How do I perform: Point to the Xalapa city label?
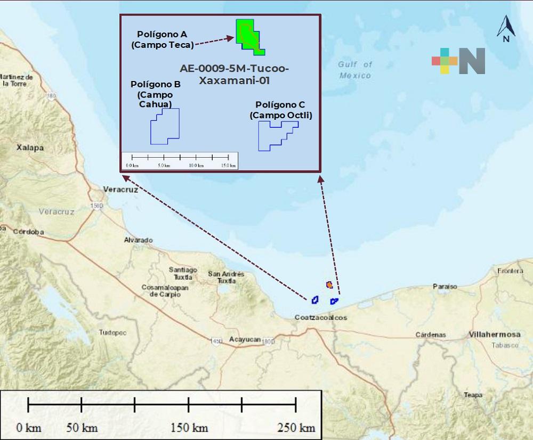coord(30,148)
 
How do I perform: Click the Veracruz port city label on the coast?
coord(120,190)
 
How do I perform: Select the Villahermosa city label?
coord(494,335)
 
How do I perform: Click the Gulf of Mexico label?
coord(355,70)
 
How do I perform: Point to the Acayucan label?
coord(245,339)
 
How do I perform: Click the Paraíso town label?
coord(445,287)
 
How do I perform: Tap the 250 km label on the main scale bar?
coord(296,428)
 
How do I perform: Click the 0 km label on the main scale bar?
coord(29,428)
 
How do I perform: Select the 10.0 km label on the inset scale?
coord(196,166)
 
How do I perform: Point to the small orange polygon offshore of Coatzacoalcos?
coord(329,285)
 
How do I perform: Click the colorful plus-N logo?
coord(458,61)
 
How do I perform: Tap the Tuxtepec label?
coord(112,332)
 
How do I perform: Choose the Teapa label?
coord(473,395)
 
